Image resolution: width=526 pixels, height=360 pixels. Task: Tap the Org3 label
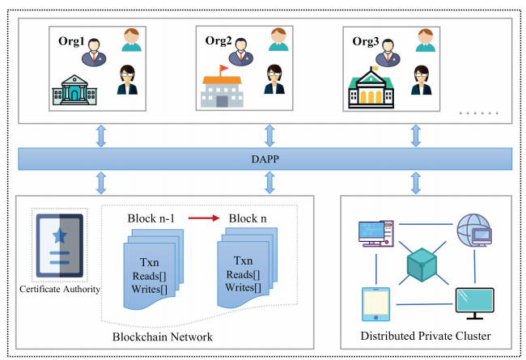[x=366, y=40]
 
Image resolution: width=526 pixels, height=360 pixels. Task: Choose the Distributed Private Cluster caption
[x=426, y=336]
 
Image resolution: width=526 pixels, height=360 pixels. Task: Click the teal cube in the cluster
[x=422, y=266]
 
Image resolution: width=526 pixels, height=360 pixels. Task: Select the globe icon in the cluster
[x=475, y=231]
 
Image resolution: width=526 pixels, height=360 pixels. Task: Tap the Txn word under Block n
[x=242, y=261]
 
